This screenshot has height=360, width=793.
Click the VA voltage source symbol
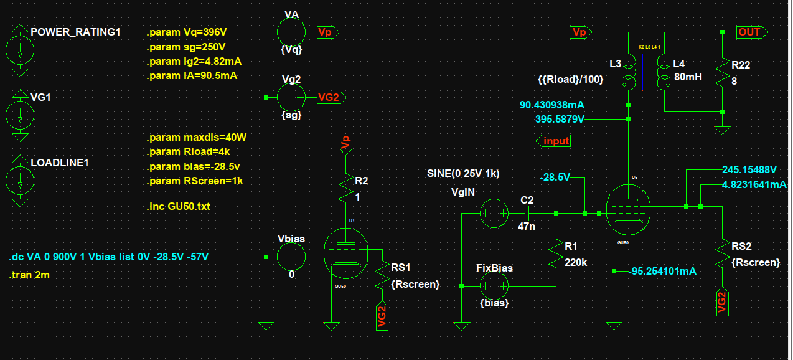point(291,32)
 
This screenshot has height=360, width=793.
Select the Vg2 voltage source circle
point(291,97)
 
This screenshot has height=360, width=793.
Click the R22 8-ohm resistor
point(722,72)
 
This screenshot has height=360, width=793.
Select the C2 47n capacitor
point(527,214)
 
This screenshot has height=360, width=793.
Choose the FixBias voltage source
point(495,287)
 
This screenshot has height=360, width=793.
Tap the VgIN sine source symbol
point(495,214)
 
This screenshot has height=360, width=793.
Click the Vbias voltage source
point(291,257)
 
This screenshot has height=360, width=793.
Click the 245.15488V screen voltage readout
point(749,169)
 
